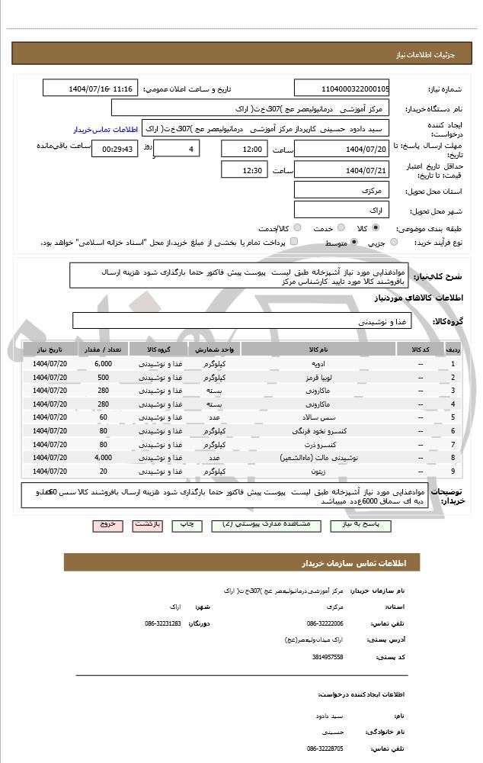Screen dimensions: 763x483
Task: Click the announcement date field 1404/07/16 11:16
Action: pyautogui.click(x=91, y=89)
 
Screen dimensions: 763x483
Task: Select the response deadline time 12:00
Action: pyautogui.click(x=245, y=149)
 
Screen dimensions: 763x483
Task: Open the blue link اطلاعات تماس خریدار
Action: pyautogui.click(x=107, y=129)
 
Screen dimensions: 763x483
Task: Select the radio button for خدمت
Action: pyautogui.click(x=340, y=228)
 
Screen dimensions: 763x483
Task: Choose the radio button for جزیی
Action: pyautogui.click(x=394, y=243)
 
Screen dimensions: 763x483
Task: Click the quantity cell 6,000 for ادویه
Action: pyautogui.click(x=103, y=363)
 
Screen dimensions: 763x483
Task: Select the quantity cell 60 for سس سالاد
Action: pyautogui.click(x=103, y=417)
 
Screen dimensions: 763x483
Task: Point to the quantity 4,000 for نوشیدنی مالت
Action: pyautogui.click(x=103, y=458)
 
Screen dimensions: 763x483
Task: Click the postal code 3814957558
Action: pyautogui.click(x=327, y=657)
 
